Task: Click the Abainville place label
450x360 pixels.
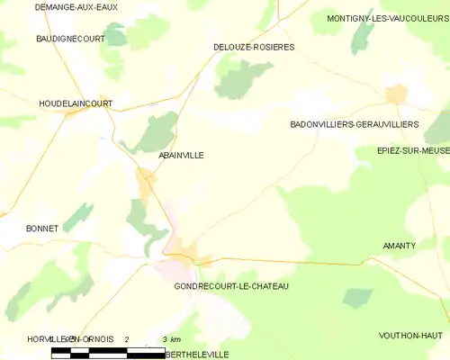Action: pyautogui.click(x=181, y=156)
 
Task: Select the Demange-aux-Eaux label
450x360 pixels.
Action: pyautogui.click(x=76, y=7)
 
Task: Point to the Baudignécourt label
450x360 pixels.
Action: pyautogui.click(x=70, y=40)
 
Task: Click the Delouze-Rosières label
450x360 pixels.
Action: pyautogui.click(x=254, y=47)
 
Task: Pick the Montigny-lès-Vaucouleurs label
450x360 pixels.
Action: pyautogui.click(x=388, y=18)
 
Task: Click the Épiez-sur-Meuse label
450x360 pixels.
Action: pyautogui.click(x=413, y=151)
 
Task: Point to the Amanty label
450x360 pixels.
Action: pyautogui.click(x=399, y=246)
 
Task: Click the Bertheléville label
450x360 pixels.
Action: pyautogui.click(x=198, y=355)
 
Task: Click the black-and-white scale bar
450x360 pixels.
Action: pyautogui.click(x=108, y=352)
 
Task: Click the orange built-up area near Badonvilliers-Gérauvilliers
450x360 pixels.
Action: pyautogui.click(x=396, y=94)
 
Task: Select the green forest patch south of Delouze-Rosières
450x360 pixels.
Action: pyautogui.click(x=240, y=79)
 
